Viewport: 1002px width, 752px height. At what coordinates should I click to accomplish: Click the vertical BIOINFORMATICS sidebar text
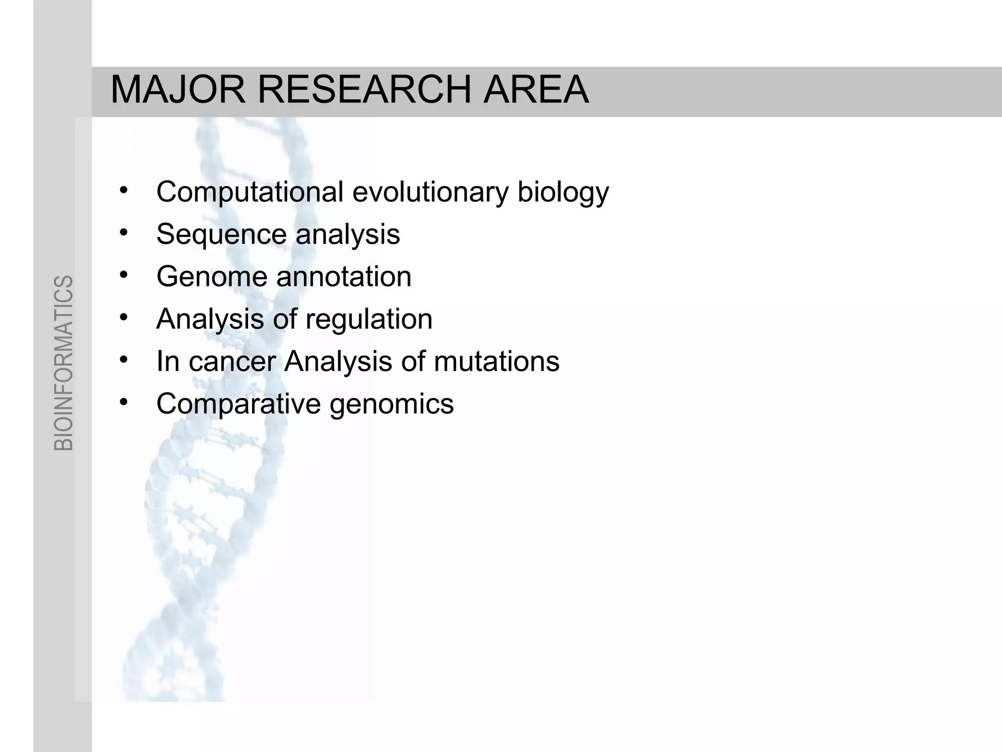pyautogui.click(x=63, y=363)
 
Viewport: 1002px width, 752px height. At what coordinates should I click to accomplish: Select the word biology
pyautogui.click(x=563, y=192)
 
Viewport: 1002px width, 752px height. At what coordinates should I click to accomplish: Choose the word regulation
pyautogui.click(x=369, y=320)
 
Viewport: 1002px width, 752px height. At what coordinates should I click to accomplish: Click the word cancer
pyautogui.click(x=232, y=362)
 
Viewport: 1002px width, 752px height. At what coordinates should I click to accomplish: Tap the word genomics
pyautogui.click(x=391, y=405)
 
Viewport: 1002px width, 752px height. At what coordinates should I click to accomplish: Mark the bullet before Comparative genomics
pyautogui.click(x=123, y=401)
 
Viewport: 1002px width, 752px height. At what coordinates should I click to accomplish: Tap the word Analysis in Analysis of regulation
pyautogui.click(x=210, y=320)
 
